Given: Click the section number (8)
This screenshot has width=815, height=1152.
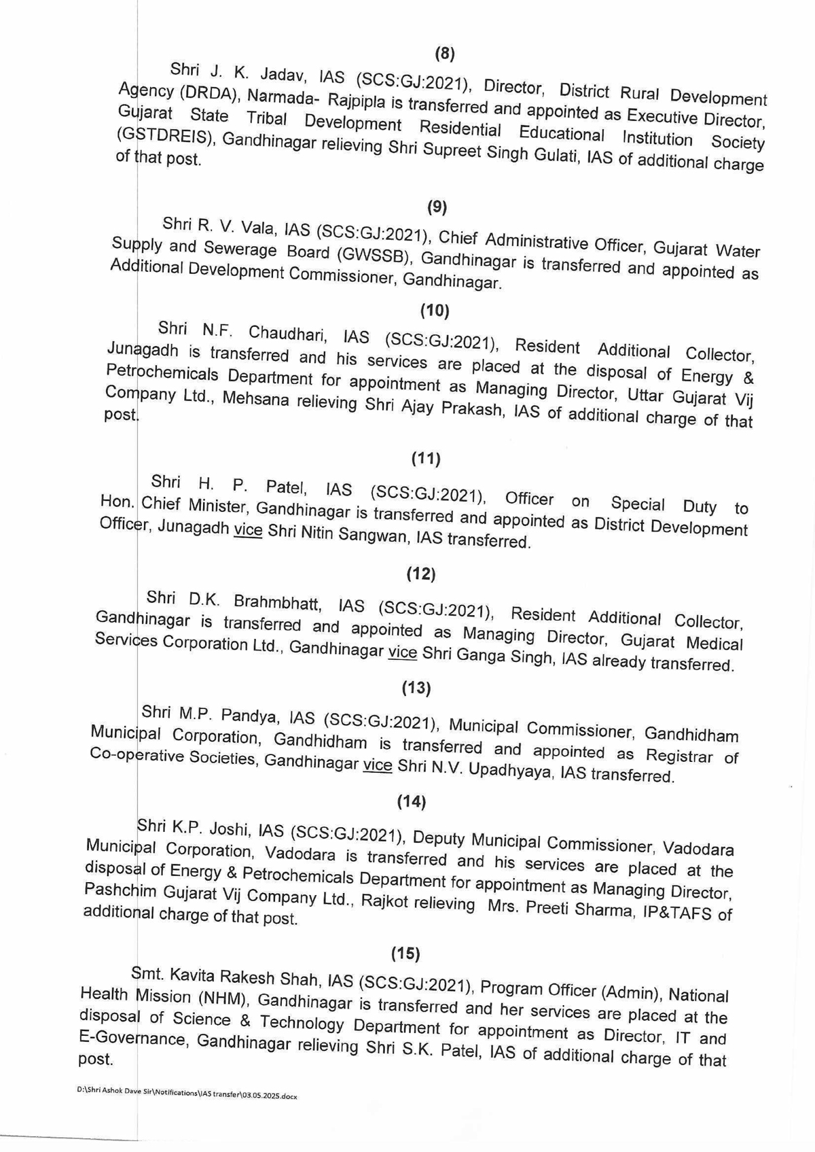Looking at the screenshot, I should [444, 54].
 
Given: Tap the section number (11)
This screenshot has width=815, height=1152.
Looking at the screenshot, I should [426, 459].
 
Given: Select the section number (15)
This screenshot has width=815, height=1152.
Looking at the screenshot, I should [405, 954].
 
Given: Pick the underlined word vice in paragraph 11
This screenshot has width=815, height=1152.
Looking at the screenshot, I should [248, 531].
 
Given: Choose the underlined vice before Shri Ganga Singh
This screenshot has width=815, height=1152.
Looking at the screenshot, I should [402, 652].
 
